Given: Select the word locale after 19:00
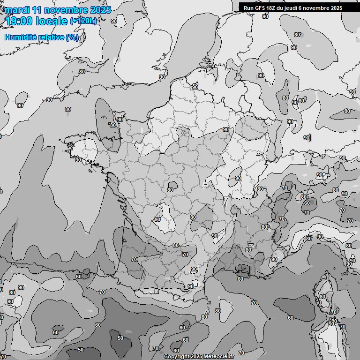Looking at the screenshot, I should [x=52, y=21].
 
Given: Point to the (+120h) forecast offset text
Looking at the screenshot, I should [x=83, y=21].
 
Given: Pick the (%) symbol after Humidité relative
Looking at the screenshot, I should [x=72, y=37].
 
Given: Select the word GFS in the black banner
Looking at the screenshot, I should [x=261, y=8].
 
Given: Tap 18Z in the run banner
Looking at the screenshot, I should [x=273, y=8].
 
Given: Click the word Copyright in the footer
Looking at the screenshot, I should [x=177, y=356].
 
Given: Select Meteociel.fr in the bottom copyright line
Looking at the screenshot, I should [x=218, y=356].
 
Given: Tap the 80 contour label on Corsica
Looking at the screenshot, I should [x=322, y=297].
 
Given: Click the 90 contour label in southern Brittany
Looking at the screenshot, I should [x=78, y=160].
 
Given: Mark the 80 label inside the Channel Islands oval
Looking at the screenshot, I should [x=112, y=125].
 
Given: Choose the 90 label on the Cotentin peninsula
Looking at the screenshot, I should [x=120, y=120].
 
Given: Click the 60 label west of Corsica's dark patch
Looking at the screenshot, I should [x=291, y=317].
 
